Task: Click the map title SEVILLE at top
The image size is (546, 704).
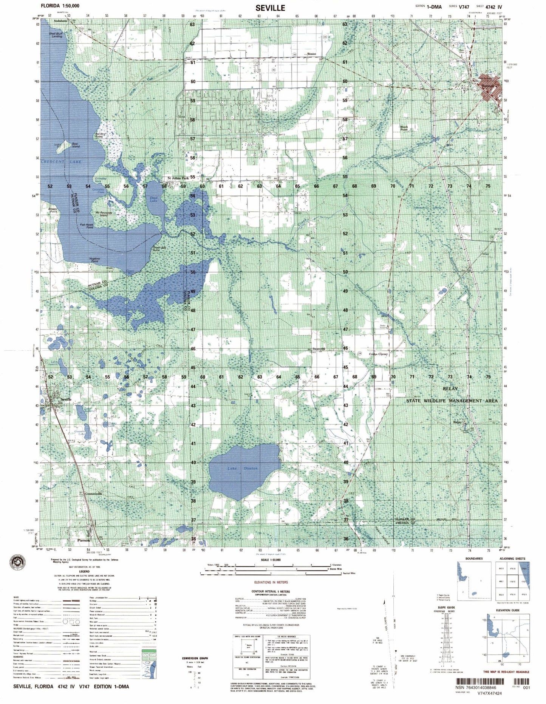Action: pyautogui.click(x=270, y=8)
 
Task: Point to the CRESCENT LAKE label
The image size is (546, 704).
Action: pyautogui.click(x=61, y=162)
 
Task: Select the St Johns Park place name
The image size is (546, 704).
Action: pyautogui.click(x=178, y=178)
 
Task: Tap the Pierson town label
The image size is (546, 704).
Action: pyautogui.click(x=84, y=540)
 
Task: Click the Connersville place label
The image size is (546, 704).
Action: pyautogui.click(x=94, y=494)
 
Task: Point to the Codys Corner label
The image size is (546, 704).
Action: pyautogui.click(x=378, y=354)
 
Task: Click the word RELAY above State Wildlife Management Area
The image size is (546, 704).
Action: pyautogui.click(x=450, y=388)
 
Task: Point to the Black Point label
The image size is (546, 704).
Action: pyautogui.click(x=404, y=128)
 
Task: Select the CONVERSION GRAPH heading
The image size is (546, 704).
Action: pyautogui.click(x=195, y=658)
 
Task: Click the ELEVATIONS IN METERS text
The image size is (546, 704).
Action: pyautogui.click(x=271, y=582)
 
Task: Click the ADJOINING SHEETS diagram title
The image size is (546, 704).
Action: pyautogui.click(x=512, y=559)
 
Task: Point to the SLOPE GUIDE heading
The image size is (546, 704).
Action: pyautogui.click(x=447, y=607)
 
